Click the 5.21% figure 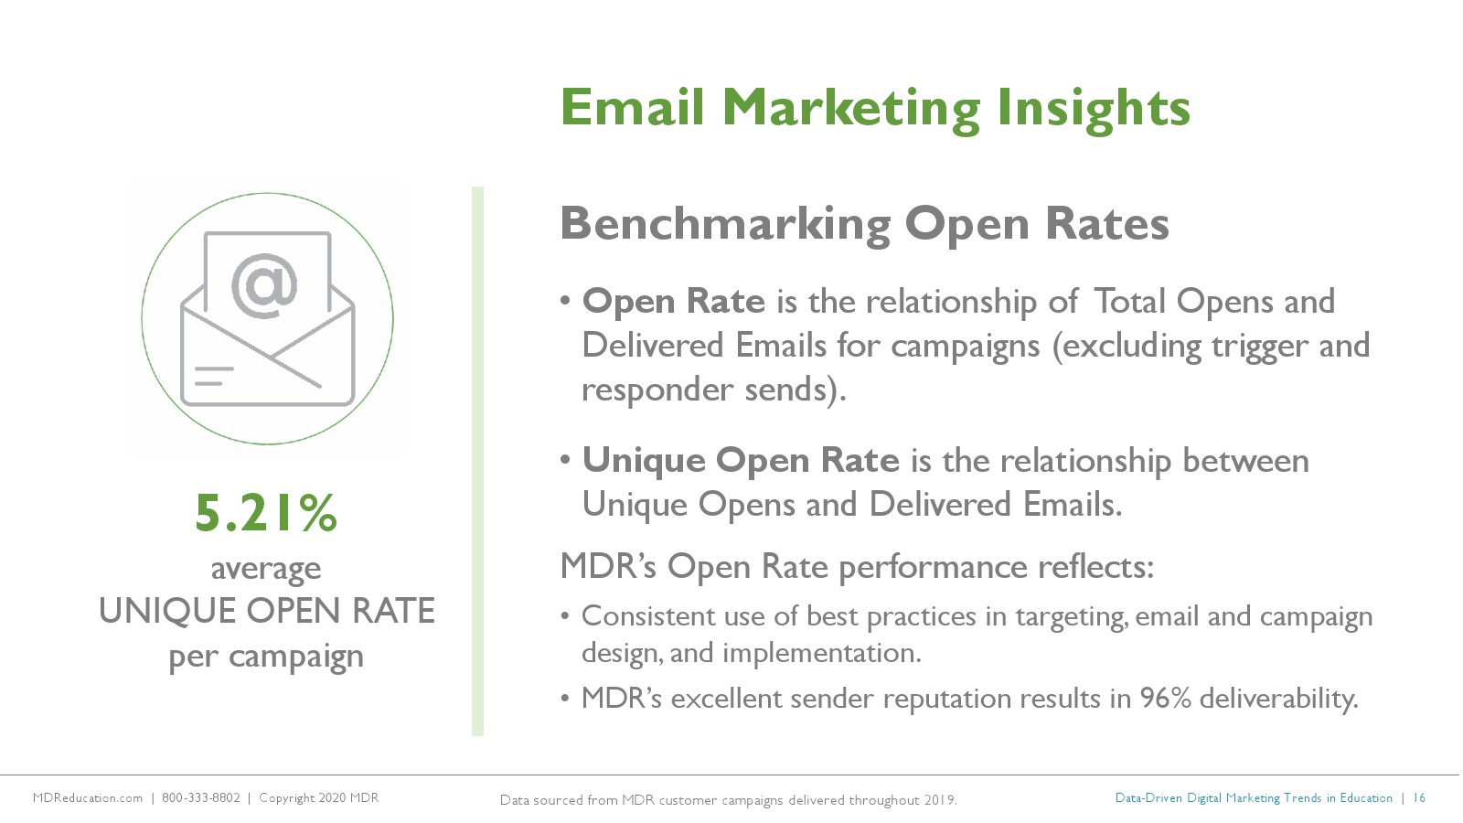(x=266, y=513)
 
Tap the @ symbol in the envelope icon (x=264, y=286)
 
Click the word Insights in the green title (x=1094, y=110)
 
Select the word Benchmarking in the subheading (x=725, y=225)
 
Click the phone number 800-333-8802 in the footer (x=200, y=797)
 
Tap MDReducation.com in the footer (x=88, y=797)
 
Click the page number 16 (x=1419, y=797)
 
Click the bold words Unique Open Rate (x=741, y=460)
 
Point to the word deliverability (x=1279, y=699)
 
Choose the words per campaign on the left (x=266, y=657)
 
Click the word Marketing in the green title (x=851, y=110)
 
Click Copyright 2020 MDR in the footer (x=319, y=797)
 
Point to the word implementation (x=822, y=653)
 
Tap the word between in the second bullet (x=1245, y=461)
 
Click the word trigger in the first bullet (x=1260, y=347)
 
